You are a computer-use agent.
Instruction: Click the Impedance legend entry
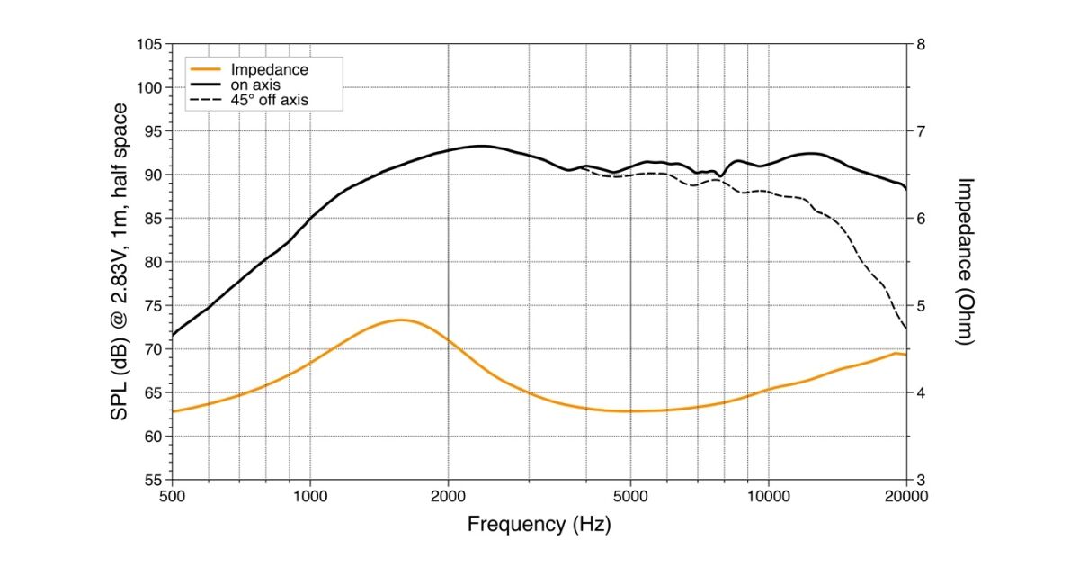(269, 70)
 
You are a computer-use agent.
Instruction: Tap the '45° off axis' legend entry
(269, 101)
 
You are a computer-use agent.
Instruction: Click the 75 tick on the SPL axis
(152, 306)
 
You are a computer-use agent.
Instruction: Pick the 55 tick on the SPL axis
(152, 480)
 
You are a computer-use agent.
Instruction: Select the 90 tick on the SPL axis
(152, 175)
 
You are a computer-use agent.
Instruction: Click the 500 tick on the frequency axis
(173, 496)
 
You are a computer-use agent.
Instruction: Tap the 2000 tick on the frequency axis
(448, 496)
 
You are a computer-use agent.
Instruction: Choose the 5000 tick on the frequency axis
(630, 496)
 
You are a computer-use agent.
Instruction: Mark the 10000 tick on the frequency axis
(768, 496)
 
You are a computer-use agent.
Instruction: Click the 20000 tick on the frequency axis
(905, 496)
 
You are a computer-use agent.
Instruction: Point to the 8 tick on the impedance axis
(921, 44)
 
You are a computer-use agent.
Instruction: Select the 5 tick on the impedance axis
(921, 306)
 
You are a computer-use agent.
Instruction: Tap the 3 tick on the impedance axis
(921, 480)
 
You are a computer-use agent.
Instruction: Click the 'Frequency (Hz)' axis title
(539, 524)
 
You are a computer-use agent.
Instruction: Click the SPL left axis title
(119, 261)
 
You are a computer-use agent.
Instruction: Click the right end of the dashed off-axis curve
(905, 328)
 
